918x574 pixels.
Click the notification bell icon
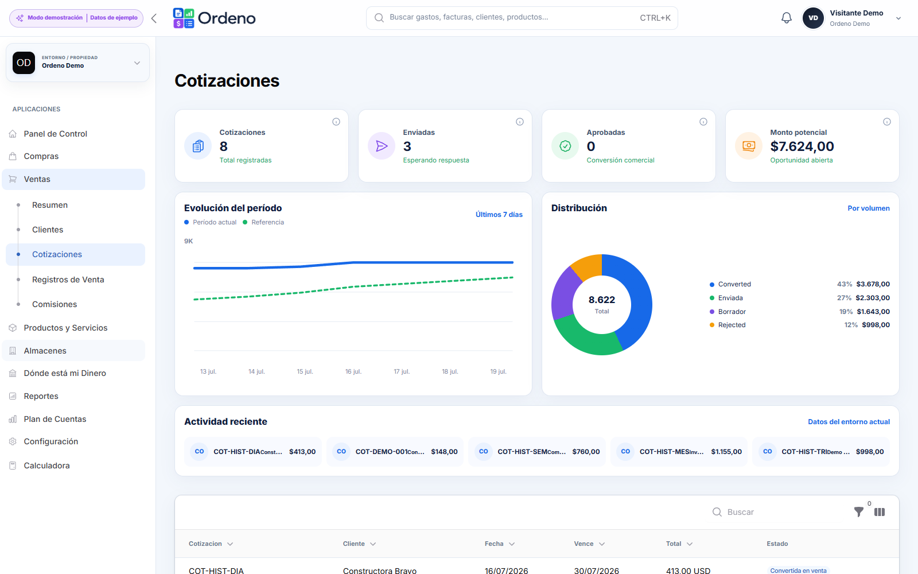coord(786,18)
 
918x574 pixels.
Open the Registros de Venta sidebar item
coord(68,280)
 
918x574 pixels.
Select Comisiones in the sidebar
coord(55,304)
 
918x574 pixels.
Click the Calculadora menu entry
coord(46,466)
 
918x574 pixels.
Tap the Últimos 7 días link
coord(499,215)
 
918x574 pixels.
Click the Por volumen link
coord(869,208)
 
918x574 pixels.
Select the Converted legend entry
coord(734,284)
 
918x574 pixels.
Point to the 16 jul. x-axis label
coord(353,371)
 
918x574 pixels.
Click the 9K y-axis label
coord(189,241)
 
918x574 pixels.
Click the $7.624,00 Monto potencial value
coord(802,146)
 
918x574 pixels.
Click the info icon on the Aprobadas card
coord(703,122)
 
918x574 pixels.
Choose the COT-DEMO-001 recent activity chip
coord(395,451)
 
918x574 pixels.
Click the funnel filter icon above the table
coord(858,511)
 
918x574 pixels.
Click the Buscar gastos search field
coord(522,18)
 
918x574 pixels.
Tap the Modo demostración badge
coord(55,18)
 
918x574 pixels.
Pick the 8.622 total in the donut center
coord(602,300)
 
